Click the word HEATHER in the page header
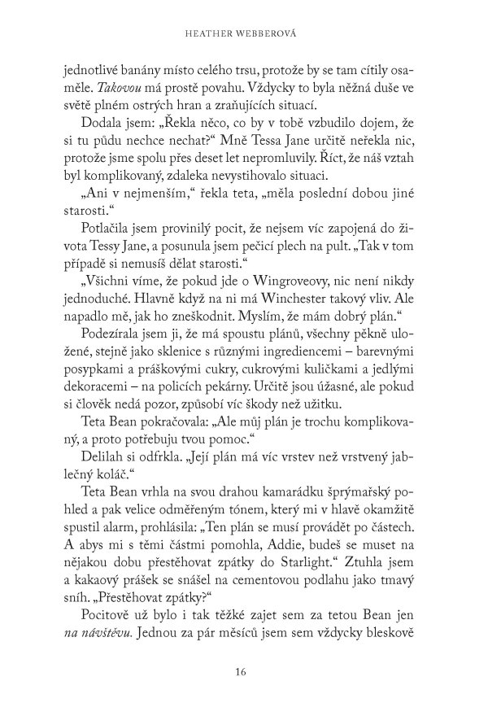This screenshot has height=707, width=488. (x=215, y=33)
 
